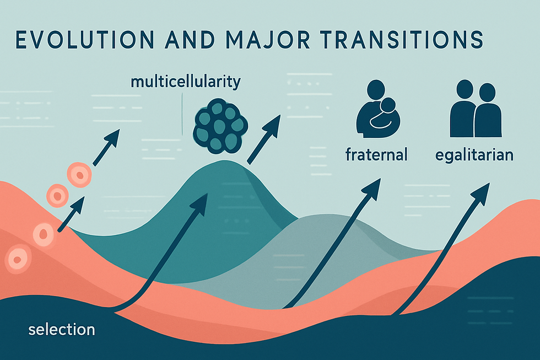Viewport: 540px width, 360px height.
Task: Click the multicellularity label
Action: [185, 82]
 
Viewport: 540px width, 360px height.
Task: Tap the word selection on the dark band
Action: [61, 330]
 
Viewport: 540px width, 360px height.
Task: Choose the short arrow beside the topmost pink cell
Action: [107, 146]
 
